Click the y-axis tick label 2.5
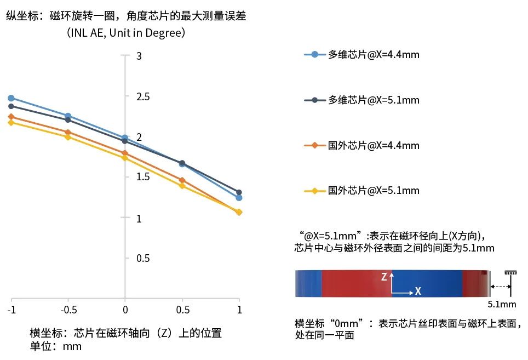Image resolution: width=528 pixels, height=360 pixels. tap(143, 97)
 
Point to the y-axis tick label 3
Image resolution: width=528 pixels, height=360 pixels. tap(139, 56)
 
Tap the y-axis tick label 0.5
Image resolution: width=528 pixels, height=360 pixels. tap(143, 258)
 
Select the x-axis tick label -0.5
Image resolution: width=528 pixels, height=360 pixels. tap(68, 311)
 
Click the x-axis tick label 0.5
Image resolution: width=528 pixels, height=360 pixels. tap(182, 311)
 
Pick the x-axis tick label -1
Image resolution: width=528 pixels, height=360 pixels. tap(11, 311)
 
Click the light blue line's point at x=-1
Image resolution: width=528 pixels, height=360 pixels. tap(11, 98)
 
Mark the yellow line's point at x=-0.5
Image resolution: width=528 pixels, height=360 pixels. tap(68, 137)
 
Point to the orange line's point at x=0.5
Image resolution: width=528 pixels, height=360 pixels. tap(182, 180)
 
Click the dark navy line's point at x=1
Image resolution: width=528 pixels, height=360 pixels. tap(239, 192)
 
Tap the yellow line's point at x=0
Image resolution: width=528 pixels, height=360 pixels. tap(125, 158)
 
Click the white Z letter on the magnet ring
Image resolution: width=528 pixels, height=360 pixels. tap(384, 277)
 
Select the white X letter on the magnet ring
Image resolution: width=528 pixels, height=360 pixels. tap(418, 292)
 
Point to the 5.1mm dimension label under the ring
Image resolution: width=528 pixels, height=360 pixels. tap(502, 304)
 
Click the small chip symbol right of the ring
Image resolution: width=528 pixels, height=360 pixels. tap(511, 272)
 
